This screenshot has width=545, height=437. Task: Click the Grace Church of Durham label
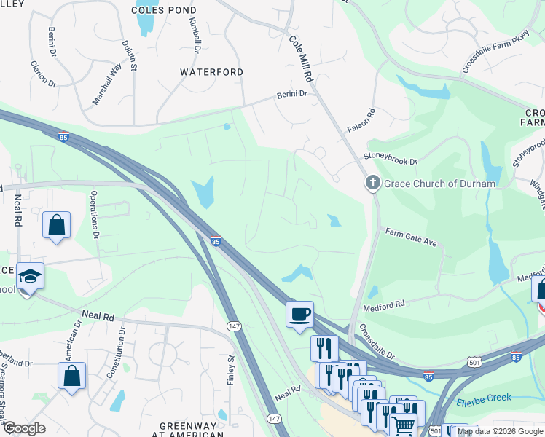[x=439, y=184]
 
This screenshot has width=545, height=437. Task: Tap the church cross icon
[x=373, y=183]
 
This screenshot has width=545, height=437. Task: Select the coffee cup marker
[x=299, y=315]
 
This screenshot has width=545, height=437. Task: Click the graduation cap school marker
[x=30, y=277]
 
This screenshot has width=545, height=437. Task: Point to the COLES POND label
[x=164, y=10]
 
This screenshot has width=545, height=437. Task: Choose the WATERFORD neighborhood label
[x=212, y=72]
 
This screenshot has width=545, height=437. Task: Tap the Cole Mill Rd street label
[x=301, y=59]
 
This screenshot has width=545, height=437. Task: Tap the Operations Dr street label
[x=93, y=215]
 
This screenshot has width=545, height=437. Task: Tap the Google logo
[x=24, y=428]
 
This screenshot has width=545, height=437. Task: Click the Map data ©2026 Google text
[x=500, y=431]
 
